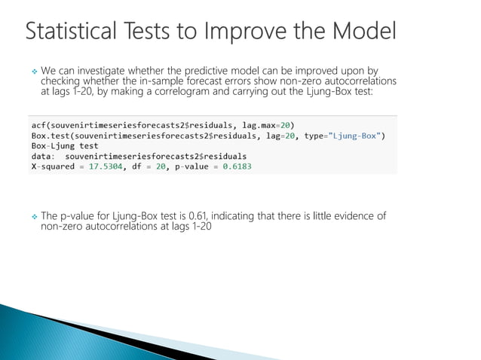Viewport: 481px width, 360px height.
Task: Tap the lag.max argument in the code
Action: click(261, 124)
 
